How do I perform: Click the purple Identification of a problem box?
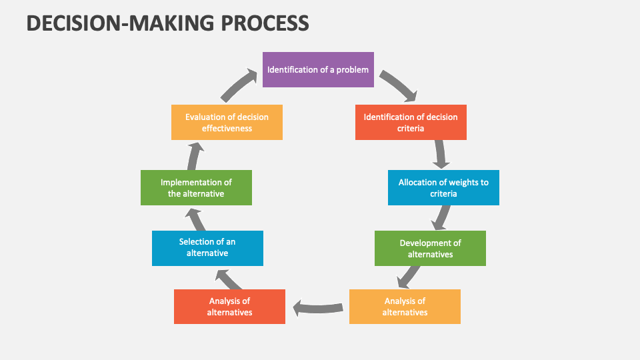pyautogui.click(x=317, y=69)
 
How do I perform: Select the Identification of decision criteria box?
pyautogui.click(x=411, y=122)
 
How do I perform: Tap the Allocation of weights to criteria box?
pyautogui.click(x=443, y=187)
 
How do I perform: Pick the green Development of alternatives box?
pyautogui.click(x=430, y=248)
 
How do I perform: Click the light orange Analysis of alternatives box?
pyautogui.click(x=405, y=307)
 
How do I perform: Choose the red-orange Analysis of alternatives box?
pyautogui.click(x=229, y=307)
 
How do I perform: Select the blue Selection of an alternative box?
pyautogui.click(x=207, y=248)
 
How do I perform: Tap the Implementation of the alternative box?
pyautogui.click(x=196, y=187)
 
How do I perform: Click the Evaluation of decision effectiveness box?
pyautogui.click(x=227, y=122)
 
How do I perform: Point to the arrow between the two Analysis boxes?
pyautogui.click(x=317, y=307)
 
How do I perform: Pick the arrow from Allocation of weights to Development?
pyautogui.click(x=440, y=217)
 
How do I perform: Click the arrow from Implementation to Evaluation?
pyautogui.click(x=194, y=156)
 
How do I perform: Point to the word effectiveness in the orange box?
pyautogui.click(x=227, y=128)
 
